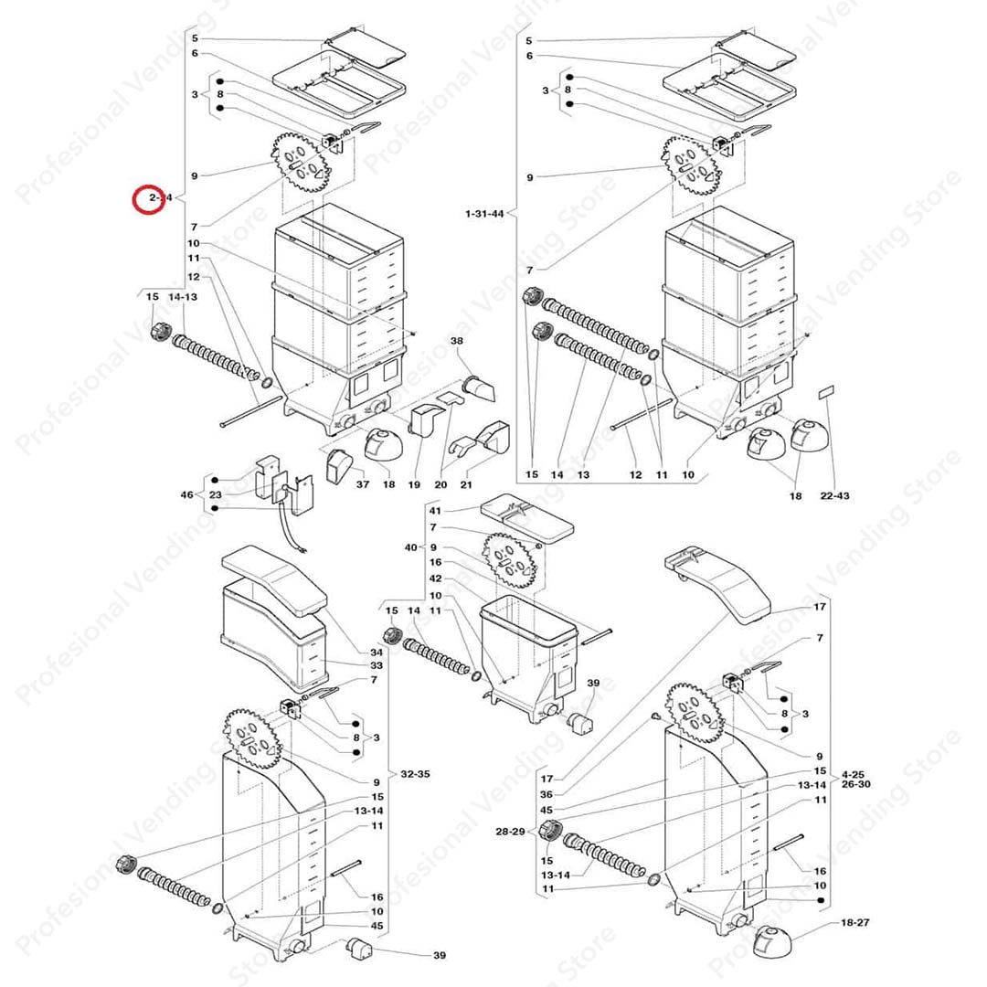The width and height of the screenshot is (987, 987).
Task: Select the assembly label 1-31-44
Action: click(483, 214)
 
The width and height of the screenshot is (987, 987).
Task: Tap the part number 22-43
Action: click(835, 495)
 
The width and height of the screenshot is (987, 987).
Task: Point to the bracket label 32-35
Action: click(415, 774)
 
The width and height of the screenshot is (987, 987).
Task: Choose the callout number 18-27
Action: click(854, 922)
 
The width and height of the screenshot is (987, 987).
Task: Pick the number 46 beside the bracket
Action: click(187, 494)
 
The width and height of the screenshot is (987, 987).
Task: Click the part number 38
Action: click(456, 340)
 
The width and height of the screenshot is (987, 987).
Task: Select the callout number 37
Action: click(363, 484)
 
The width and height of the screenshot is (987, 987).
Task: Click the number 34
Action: click(377, 653)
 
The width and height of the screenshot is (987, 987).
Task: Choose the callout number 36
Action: click(547, 794)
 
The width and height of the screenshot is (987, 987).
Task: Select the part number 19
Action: click(414, 484)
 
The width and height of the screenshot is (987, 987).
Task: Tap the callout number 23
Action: click(216, 494)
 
